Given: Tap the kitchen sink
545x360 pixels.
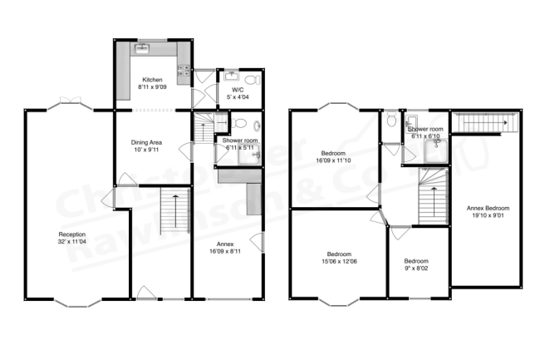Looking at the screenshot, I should (142, 49).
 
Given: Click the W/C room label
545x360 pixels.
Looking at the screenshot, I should (237, 89).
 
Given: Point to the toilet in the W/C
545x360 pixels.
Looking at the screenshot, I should (250, 81).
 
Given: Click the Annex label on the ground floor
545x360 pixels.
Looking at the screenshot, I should (226, 243).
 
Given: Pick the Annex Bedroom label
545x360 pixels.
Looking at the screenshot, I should (487, 208).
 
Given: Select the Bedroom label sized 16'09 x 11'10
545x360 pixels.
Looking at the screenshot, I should (332, 155).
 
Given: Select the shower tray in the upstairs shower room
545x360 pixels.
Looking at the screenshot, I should (435, 150).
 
